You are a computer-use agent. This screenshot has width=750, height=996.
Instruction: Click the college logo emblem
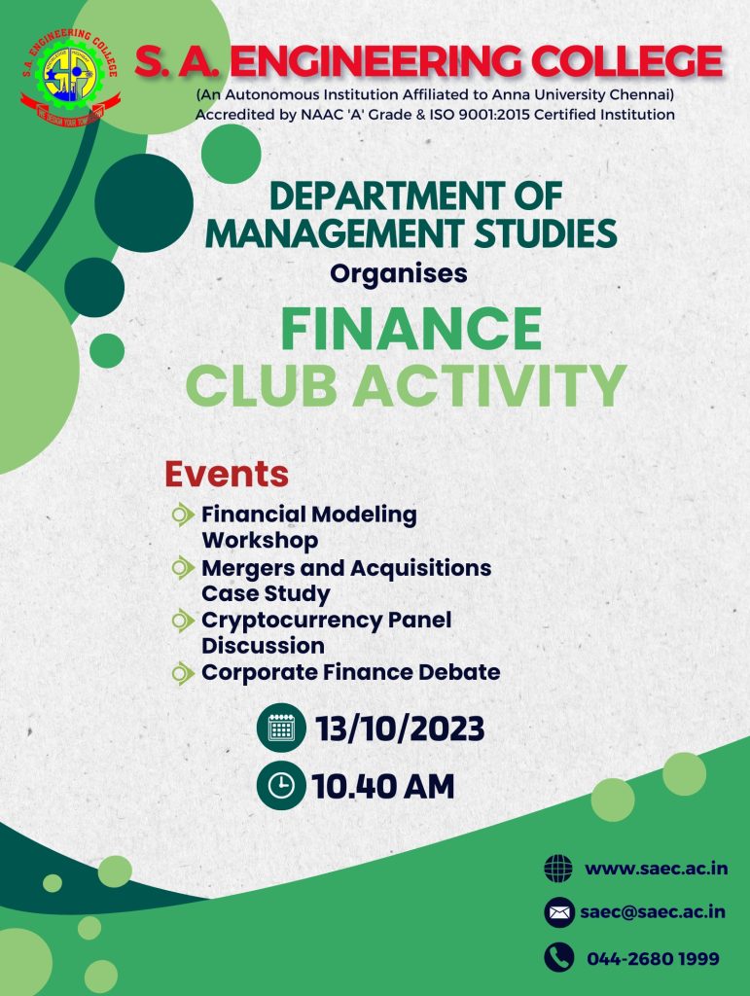tap(70, 76)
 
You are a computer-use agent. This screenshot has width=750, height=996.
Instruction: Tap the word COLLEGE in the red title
tap(626, 61)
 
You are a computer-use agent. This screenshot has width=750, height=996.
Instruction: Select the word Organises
tap(398, 273)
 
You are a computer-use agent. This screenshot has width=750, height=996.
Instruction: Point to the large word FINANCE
tap(411, 329)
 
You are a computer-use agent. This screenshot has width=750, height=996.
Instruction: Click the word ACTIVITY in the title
tap(489, 385)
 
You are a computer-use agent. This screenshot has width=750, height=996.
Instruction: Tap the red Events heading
tap(227, 474)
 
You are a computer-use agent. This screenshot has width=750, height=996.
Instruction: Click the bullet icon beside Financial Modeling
tap(183, 515)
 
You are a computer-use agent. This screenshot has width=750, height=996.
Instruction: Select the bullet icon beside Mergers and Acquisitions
tap(183, 567)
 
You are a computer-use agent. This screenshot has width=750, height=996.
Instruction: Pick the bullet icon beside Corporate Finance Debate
tap(183, 673)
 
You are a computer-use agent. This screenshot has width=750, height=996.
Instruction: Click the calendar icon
tap(281, 728)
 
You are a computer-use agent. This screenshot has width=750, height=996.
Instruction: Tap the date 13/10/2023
tap(400, 729)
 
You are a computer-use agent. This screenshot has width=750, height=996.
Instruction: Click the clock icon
tap(281, 785)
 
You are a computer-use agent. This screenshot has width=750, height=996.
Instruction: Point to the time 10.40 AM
tap(383, 786)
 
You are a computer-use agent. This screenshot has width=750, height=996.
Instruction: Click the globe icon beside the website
tap(558, 869)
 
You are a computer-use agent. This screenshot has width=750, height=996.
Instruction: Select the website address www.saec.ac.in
tap(656, 869)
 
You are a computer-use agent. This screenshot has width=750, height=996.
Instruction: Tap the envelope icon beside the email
tap(558, 912)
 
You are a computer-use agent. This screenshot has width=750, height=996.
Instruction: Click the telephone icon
tap(558, 957)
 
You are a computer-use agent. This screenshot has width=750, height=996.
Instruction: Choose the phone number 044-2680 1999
tap(653, 958)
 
